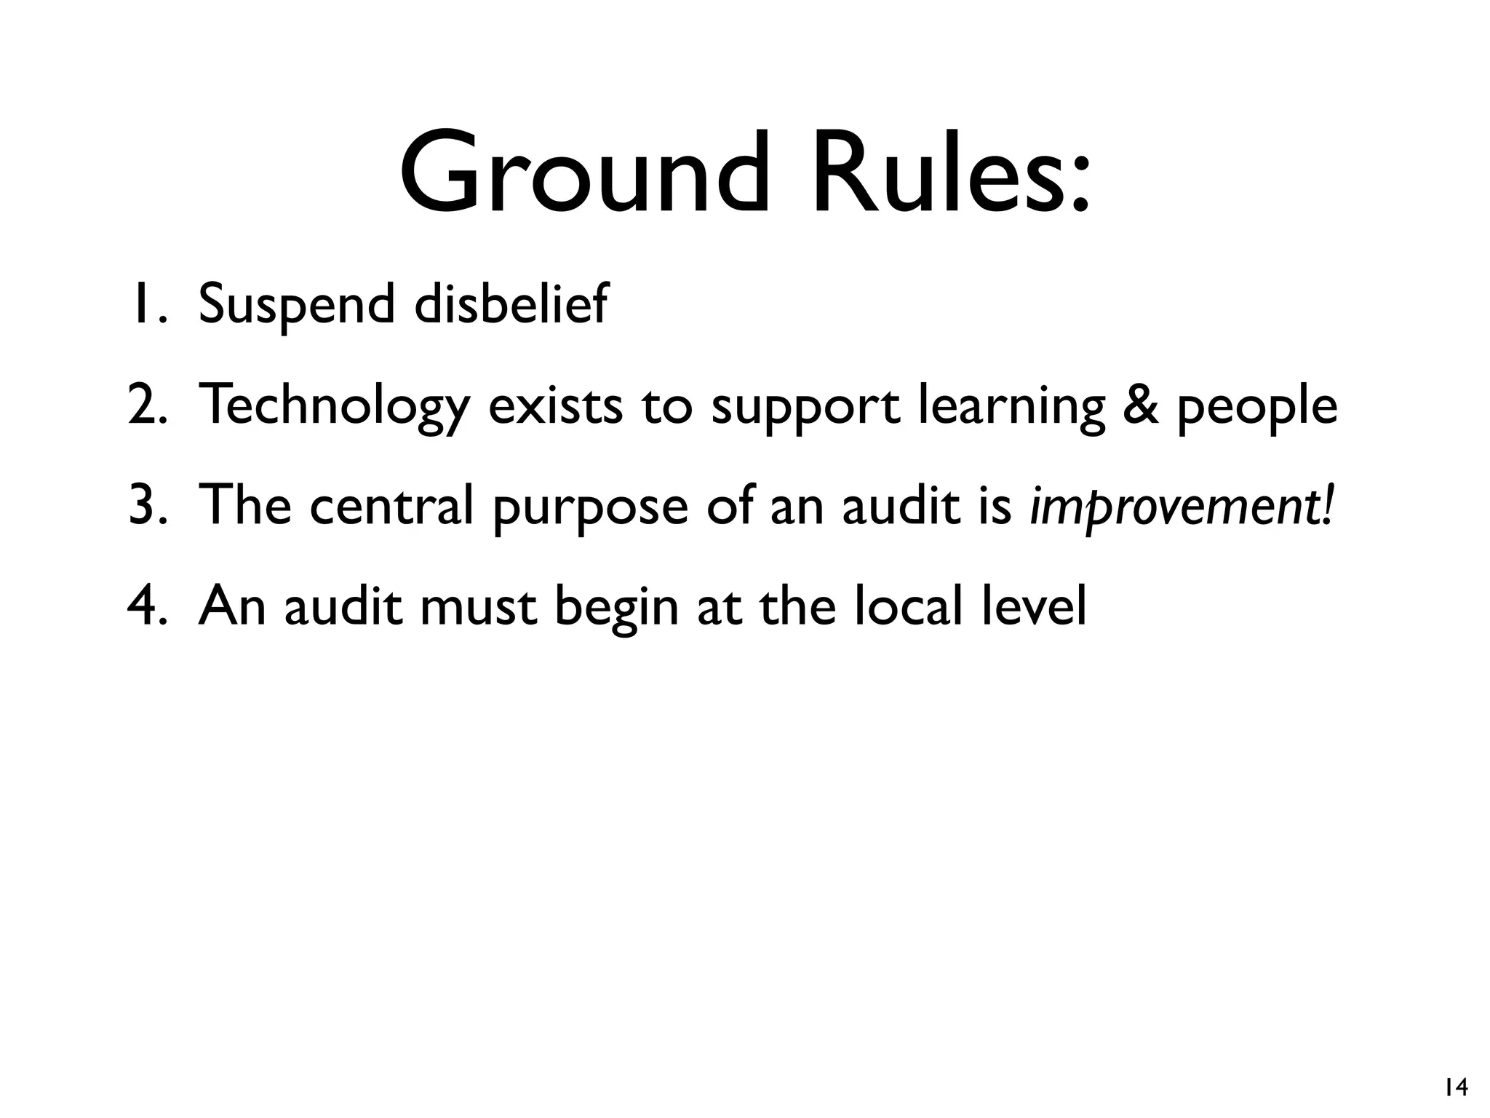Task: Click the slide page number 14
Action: (1456, 1088)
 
